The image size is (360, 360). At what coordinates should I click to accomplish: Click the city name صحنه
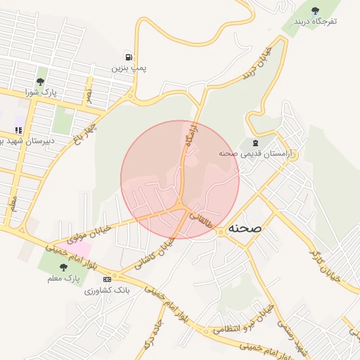pyautogui.click(x=245, y=229)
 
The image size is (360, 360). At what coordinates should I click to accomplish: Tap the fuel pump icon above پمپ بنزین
pyautogui.click(x=128, y=57)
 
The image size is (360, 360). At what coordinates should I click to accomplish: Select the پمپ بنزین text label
pyautogui.click(x=129, y=69)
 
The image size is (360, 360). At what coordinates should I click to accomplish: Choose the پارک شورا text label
pyautogui.click(x=40, y=92)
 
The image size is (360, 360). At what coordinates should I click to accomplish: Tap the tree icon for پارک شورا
pyautogui.click(x=41, y=81)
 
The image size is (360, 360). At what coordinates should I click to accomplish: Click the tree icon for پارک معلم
pyautogui.click(x=64, y=267)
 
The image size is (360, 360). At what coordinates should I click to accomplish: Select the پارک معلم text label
pyautogui.click(x=64, y=279)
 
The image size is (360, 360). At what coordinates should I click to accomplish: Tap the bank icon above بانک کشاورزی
pyautogui.click(x=106, y=279)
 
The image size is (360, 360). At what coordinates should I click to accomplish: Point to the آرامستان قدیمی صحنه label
pyautogui.click(x=259, y=153)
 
